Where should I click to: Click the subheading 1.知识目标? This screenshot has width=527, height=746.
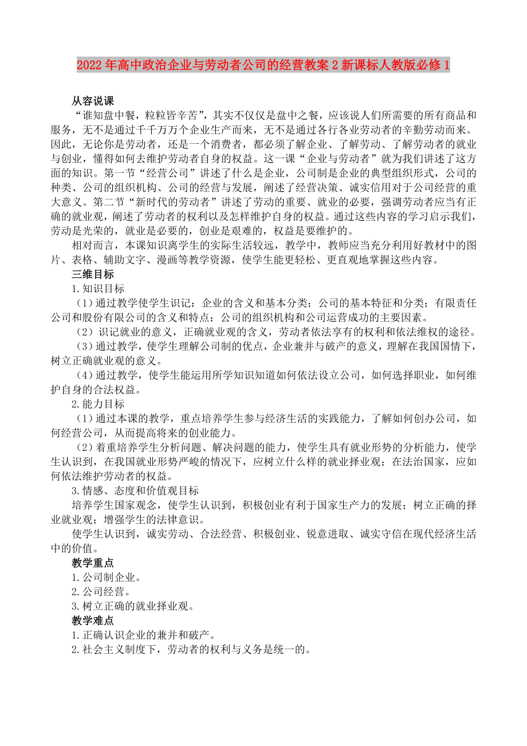[97, 289]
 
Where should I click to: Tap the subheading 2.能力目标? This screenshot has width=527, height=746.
[97, 404]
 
